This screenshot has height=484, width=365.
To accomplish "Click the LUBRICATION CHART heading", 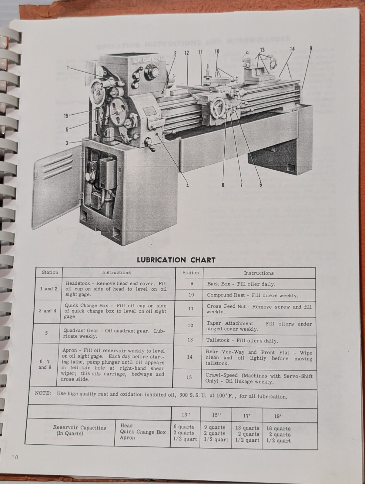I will pyautogui.click(x=176, y=260).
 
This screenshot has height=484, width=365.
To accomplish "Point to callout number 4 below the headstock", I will pyautogui.click(x=187, y=185).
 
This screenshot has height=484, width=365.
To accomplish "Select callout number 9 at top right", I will pyautogui.click(x=311, y=48).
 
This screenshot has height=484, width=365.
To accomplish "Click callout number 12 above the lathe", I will pyautogui.click(x=187, y=53).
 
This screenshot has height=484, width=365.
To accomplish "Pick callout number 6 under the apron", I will pyautogui.click(x=260, y=184).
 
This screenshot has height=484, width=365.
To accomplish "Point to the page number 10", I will pyautogui.click(x=15, y=457).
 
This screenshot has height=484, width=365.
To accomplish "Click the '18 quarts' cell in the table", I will pyautogui.click(x=278, y=428).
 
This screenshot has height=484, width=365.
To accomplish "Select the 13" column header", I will pyautogui.click(x=186, y=415).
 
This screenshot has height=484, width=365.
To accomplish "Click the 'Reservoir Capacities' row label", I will pyautogui.click(x=79, y=428).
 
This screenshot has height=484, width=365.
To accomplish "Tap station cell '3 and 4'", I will pyautogui.click(x=48, y=311).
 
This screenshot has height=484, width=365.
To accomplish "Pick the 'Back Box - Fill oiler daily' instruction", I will pyautogui.click(x=241, y=284).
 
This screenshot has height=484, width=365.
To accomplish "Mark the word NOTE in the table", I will pyautogui.click(x=41, y=393).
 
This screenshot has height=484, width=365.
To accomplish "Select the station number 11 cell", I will pyautogui.click(x=191, y=309).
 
